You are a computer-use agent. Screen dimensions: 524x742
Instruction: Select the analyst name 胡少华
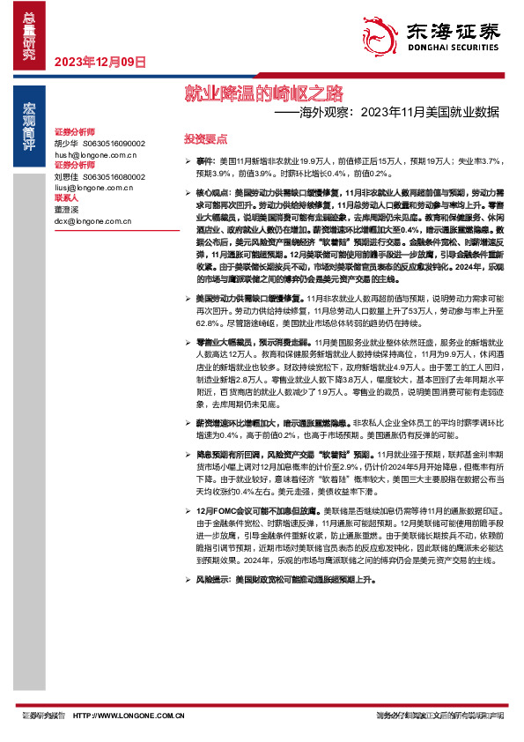(x=66, y=143)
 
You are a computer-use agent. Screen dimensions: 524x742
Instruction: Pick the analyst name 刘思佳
(x=66, y=176)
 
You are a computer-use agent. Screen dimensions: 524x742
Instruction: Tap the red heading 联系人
(x=67, y=198)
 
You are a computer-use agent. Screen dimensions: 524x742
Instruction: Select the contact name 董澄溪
(x=66, y=210)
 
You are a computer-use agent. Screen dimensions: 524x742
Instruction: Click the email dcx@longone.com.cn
(x=91, y=220)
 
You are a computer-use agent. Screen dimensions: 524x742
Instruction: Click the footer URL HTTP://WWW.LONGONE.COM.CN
(x=129, y=716)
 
